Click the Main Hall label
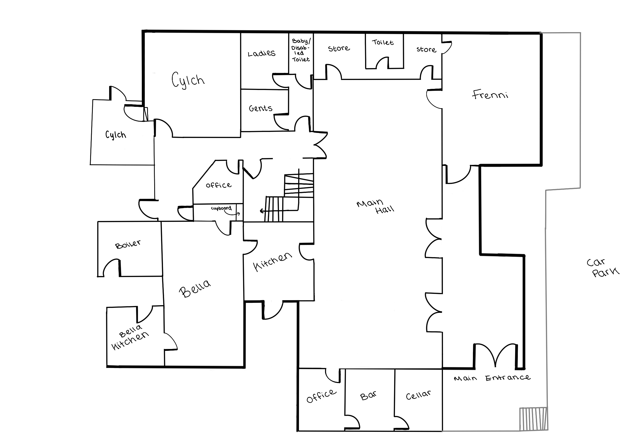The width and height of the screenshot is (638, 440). (x=375, y=207)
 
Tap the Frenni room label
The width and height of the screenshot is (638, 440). (x=490, y=94)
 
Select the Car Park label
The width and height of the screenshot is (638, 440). (x=602, y=267)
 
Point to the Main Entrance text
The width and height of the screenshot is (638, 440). (x=492, y=378)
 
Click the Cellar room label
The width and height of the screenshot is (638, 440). (x=418, y=395)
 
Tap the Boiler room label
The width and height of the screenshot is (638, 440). (x=128, y=244)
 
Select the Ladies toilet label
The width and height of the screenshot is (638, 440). (x=262, y=53)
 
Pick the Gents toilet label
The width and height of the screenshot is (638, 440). (x=260, y=108)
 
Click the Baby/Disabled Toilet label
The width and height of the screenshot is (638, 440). (x=301, y=50)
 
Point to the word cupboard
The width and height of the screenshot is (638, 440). (x=221, y=208)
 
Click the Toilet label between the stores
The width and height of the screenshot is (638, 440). (x=383, y=42)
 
